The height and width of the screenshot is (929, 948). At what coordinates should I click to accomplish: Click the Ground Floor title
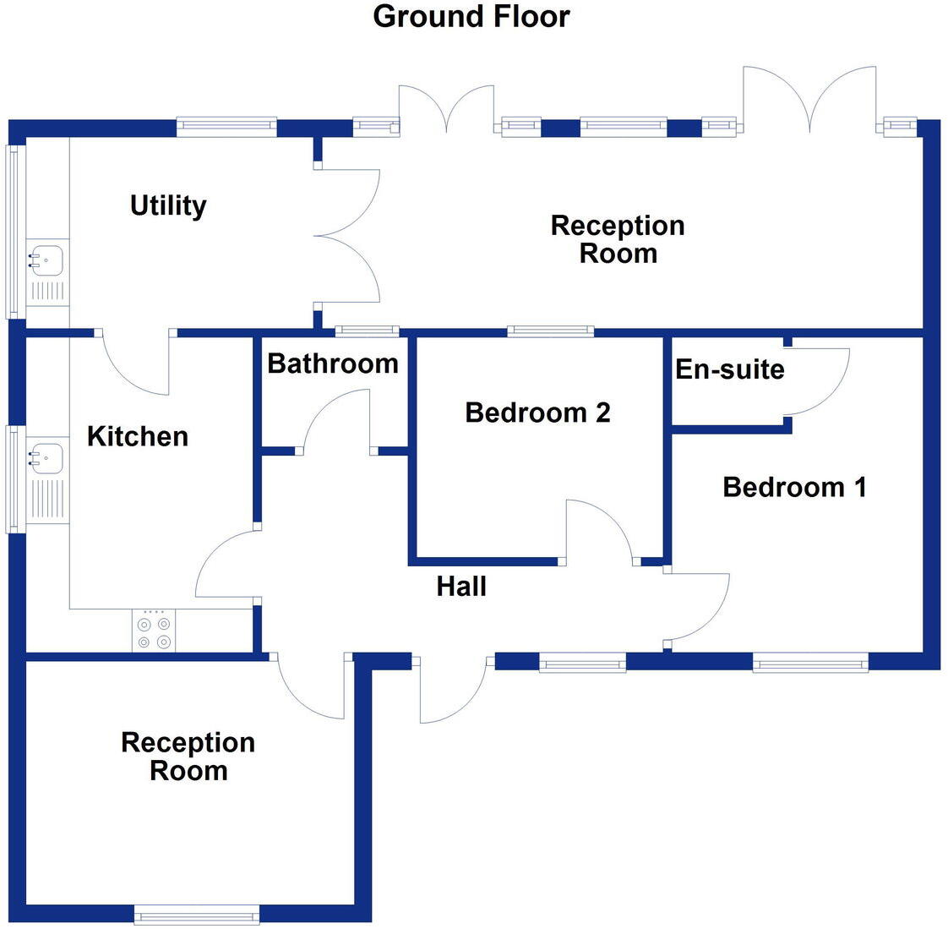(471, 16)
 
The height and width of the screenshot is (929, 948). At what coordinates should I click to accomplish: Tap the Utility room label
(168, 205)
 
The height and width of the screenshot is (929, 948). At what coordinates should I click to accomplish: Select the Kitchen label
(138, 436)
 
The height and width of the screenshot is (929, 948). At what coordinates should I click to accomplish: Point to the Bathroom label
(333, 363)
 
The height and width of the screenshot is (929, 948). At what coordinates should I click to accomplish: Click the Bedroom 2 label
(537, 413)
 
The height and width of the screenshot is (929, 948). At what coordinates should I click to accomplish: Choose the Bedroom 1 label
(794, 487)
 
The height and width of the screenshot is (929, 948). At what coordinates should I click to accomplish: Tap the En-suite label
(730, 369)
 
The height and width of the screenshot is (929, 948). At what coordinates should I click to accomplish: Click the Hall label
(461, 586)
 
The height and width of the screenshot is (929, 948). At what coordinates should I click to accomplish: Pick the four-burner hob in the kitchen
(154, 632)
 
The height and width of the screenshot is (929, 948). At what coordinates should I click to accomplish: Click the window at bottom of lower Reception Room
(197, 914)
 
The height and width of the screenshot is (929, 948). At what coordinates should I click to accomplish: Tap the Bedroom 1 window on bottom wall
(810, 662)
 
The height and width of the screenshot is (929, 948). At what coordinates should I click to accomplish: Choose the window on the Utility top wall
(226, 128)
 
